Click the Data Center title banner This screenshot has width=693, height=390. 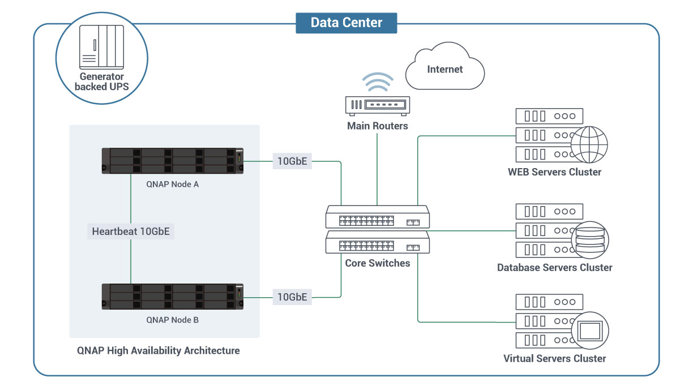(x=346, y=23)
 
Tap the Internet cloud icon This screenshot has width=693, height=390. (x=445, y=69)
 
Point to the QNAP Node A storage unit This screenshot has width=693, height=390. (x=173, y=161)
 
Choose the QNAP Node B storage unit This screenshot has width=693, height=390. (x=173, y=297)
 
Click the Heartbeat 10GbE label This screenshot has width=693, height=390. (x=130, y=231)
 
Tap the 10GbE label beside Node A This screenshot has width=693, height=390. (x=292, y=161)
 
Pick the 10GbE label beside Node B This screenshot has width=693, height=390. (x=292, y=297)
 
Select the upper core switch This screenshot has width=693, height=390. (x=377, y=217)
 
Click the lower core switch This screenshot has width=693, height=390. (x=377, y=245)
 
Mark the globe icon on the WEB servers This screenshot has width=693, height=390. (x=589, y=145)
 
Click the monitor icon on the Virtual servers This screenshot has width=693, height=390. (x=589, y=330)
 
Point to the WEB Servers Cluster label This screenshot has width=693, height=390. (x=554, y=172)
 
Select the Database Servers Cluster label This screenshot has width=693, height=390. (x=554, y=267)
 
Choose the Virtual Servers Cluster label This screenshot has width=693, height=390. (x=554, y=358)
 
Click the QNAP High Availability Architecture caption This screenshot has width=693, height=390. (x=159, y=350)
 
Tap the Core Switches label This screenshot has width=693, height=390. (x=377, y=263)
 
